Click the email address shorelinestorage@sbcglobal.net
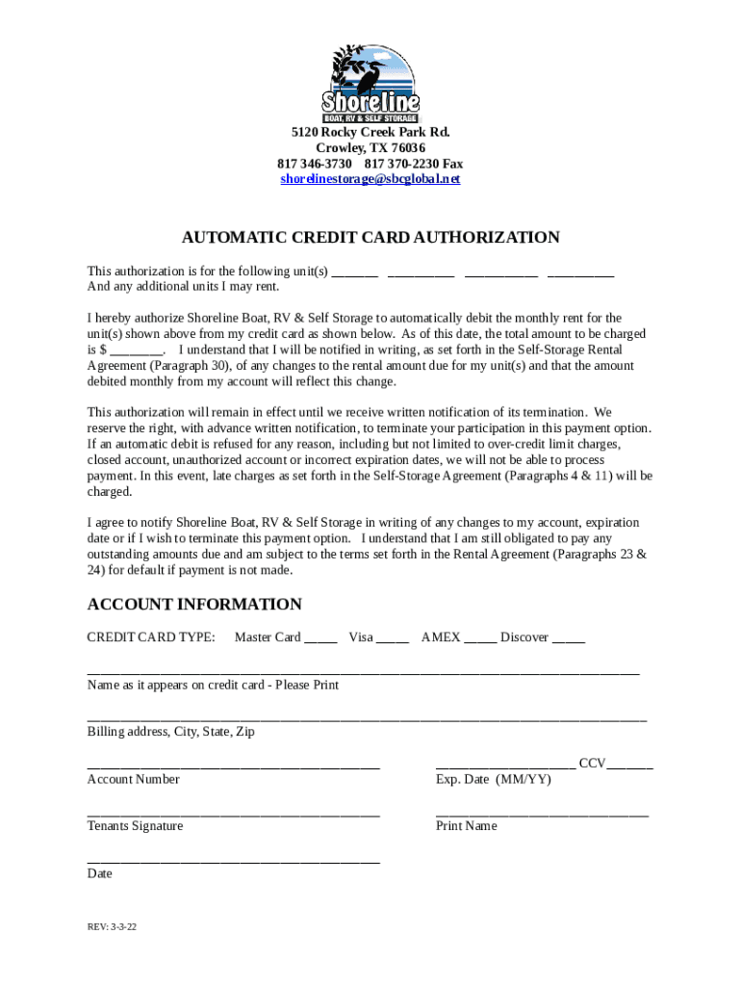point(370,179)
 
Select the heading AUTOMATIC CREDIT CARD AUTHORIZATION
point(370,237)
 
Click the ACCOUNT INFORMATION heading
point(194,604)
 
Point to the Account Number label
point(133,779)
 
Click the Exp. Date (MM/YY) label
point(493,779)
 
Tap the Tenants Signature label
point(135,826)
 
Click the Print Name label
point(466,826)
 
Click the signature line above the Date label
point(233,861)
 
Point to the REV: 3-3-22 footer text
point(112,929)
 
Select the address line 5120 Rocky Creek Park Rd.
point(370,133)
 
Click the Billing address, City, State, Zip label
point(170,732)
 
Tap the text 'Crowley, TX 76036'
point(370,148)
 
